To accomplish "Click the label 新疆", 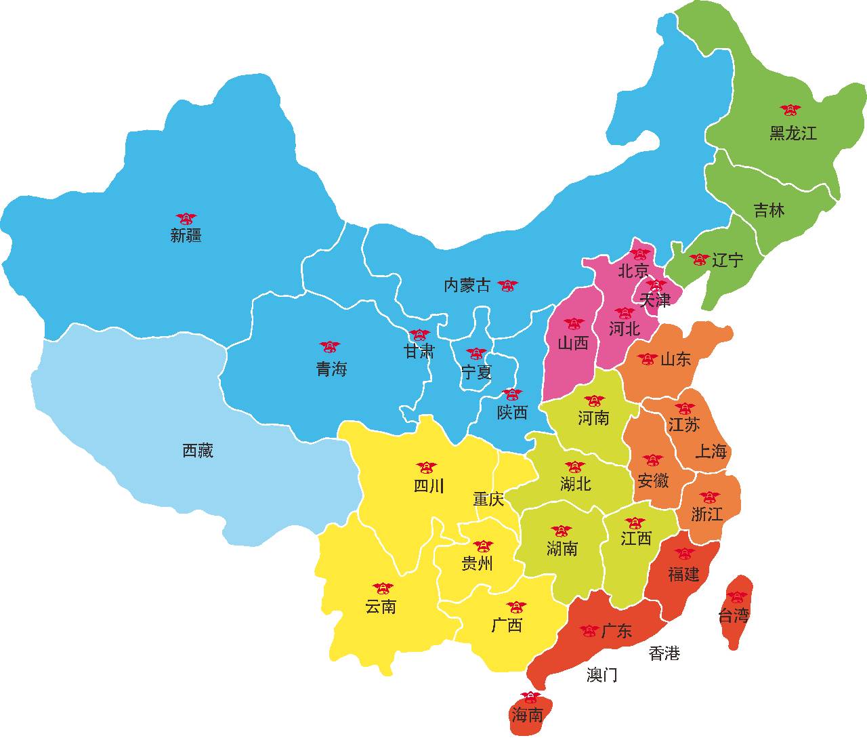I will (x=186, y=236).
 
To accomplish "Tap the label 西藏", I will (x=198, y=451).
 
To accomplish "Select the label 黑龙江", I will (x=792, y=133).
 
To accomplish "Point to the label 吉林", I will (x=769, y=211).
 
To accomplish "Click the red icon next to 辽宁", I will (x=699, y=260).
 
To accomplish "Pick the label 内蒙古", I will (x=467, y=285).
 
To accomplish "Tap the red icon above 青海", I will (x=330, y=347).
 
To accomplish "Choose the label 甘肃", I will (x=419, y=351).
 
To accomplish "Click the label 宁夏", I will (x=476, y=372).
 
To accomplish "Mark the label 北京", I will (x=633, y=271).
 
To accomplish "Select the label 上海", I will (x=711, y=451).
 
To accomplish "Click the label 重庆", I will (x=488, y=500).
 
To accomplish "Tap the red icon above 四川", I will (x=427, y=468).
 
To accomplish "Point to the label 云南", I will (x=381, y=607).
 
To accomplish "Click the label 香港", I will (x=664, y=654).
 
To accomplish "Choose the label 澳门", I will (x=601, y=675).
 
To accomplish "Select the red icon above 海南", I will (x=530, y=697).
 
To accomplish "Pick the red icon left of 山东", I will (x=648, y=359).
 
